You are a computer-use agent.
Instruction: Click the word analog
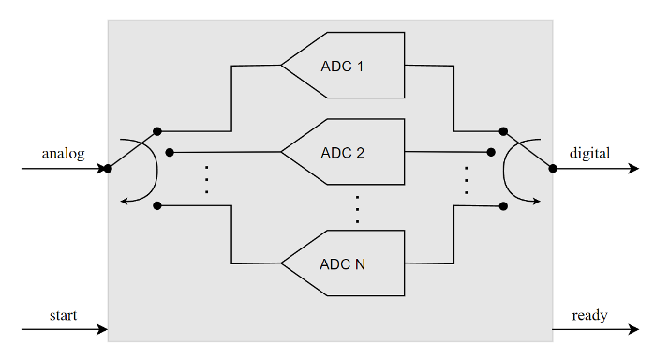tap(63, 153)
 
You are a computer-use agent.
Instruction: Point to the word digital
tap(590, 153)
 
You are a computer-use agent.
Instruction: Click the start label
tap(63, 315)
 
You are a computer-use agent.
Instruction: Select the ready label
tap(589, 315)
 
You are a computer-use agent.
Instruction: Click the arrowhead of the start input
tap(102, 330)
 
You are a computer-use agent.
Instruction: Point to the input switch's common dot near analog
tap(108, 169)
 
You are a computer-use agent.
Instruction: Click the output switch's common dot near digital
tap(553, 169)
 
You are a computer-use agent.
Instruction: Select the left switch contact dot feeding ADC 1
tap(157, 131)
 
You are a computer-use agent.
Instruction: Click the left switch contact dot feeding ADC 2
tap(170, 151)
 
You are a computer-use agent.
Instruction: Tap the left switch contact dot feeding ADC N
tap(157, 205)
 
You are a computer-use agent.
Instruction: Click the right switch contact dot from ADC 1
tap(503, 131)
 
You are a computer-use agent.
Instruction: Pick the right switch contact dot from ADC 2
tap(491, 151)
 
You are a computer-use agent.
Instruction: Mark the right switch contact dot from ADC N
tap(503, 205)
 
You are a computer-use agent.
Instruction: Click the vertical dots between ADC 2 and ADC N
tap(357, 209)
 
